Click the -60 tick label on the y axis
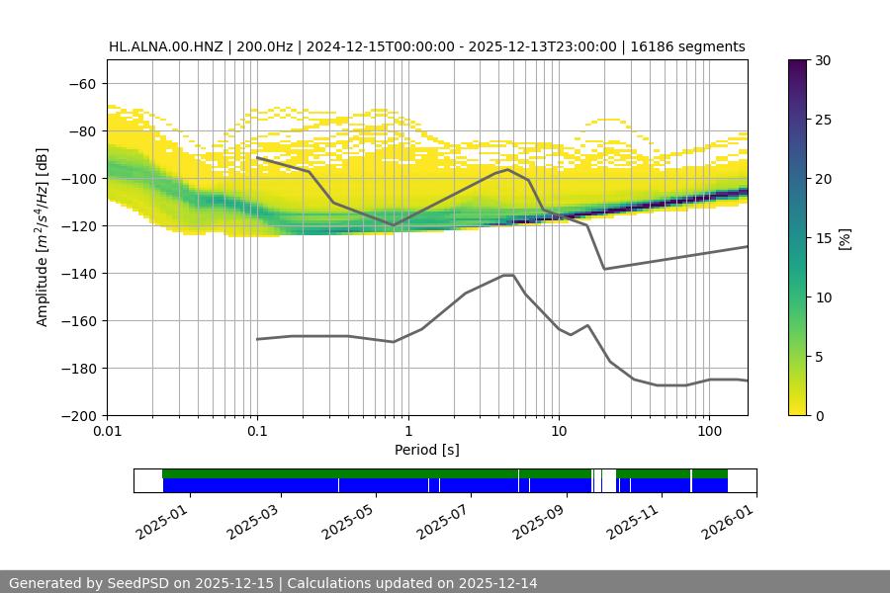[82, 84]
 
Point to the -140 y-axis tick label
[78, 274]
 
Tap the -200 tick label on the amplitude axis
[78, 416]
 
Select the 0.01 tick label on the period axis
[107, 432]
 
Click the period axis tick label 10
[558, 432]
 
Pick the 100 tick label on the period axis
[708, 432]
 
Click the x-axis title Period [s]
[427, 451]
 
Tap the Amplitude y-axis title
[43, 238]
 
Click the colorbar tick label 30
[822, 61]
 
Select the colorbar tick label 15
[822, 238]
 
